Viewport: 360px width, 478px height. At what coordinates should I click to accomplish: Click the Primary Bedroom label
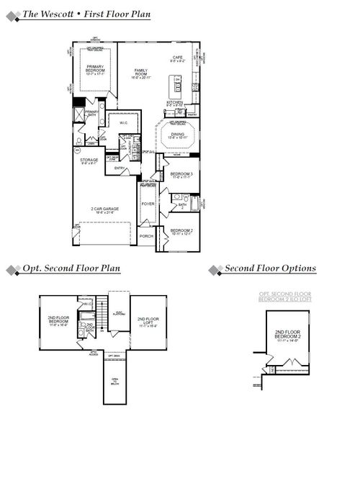96,68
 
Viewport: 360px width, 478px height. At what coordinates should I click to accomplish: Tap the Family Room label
140,73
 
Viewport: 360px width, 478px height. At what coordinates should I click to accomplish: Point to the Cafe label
177,59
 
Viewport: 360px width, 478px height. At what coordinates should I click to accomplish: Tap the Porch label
147,236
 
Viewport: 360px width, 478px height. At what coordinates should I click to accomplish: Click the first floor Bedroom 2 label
181,230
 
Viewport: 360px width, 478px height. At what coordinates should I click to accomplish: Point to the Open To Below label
114,381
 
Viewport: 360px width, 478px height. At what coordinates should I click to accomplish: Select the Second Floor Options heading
270,269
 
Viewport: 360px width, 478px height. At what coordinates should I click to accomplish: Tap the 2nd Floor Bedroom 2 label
288,334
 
